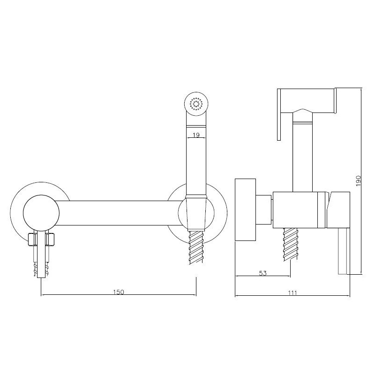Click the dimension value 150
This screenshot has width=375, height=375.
click(x=119, y=292)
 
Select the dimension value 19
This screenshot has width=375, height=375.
click(x=196, y=135)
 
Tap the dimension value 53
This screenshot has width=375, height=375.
click(x=262, y=273)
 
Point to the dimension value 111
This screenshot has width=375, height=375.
click(x=292, y=292)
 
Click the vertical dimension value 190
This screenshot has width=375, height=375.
click(x=358, y=181)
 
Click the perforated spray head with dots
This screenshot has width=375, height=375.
click(x=196, y=104)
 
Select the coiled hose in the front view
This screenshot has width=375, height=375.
click(x=196, y=247)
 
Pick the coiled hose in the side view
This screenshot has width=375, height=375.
click(x=290, y=244)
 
